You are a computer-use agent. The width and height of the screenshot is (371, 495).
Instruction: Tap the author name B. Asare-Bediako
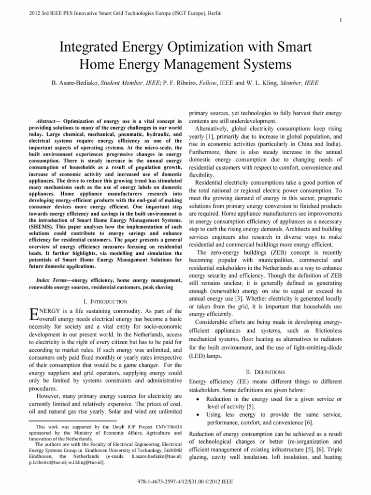click(81, 83)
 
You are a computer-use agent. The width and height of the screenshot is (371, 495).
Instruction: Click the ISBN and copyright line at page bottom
click(185, 484)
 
